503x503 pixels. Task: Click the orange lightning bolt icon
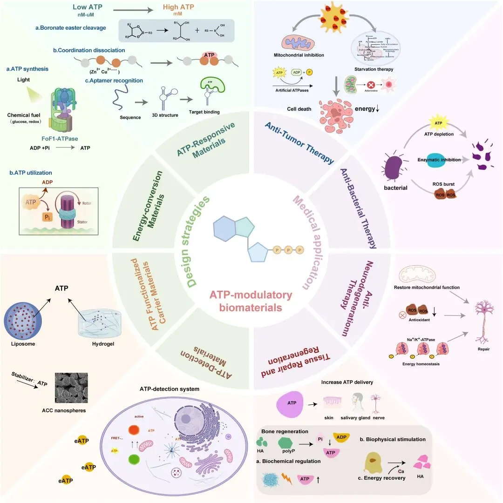pos(287,477)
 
